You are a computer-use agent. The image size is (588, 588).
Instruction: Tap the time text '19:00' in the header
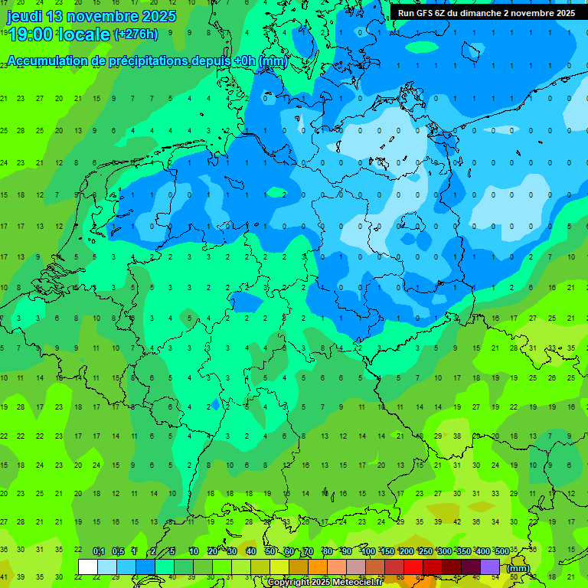coord(30,34)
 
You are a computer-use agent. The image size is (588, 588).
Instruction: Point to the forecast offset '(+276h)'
coord(136,34)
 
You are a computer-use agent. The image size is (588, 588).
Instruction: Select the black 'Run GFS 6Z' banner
coord(486,13)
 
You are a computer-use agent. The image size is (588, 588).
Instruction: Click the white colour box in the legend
coord(88,567)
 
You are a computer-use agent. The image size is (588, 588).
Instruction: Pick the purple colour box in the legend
coord(490,567)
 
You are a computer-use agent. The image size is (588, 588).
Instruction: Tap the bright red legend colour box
coord(413,567)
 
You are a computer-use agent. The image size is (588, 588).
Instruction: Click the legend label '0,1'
coord(99,552)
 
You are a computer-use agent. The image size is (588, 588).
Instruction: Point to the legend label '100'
coord(367,552)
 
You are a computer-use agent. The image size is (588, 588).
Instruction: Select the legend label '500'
coord(501,552)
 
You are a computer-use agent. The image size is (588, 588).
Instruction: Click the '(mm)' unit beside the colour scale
coord(518,568)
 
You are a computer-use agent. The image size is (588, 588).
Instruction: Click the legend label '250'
coord(425,552)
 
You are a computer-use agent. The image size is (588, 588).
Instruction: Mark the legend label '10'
coord(194,552)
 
